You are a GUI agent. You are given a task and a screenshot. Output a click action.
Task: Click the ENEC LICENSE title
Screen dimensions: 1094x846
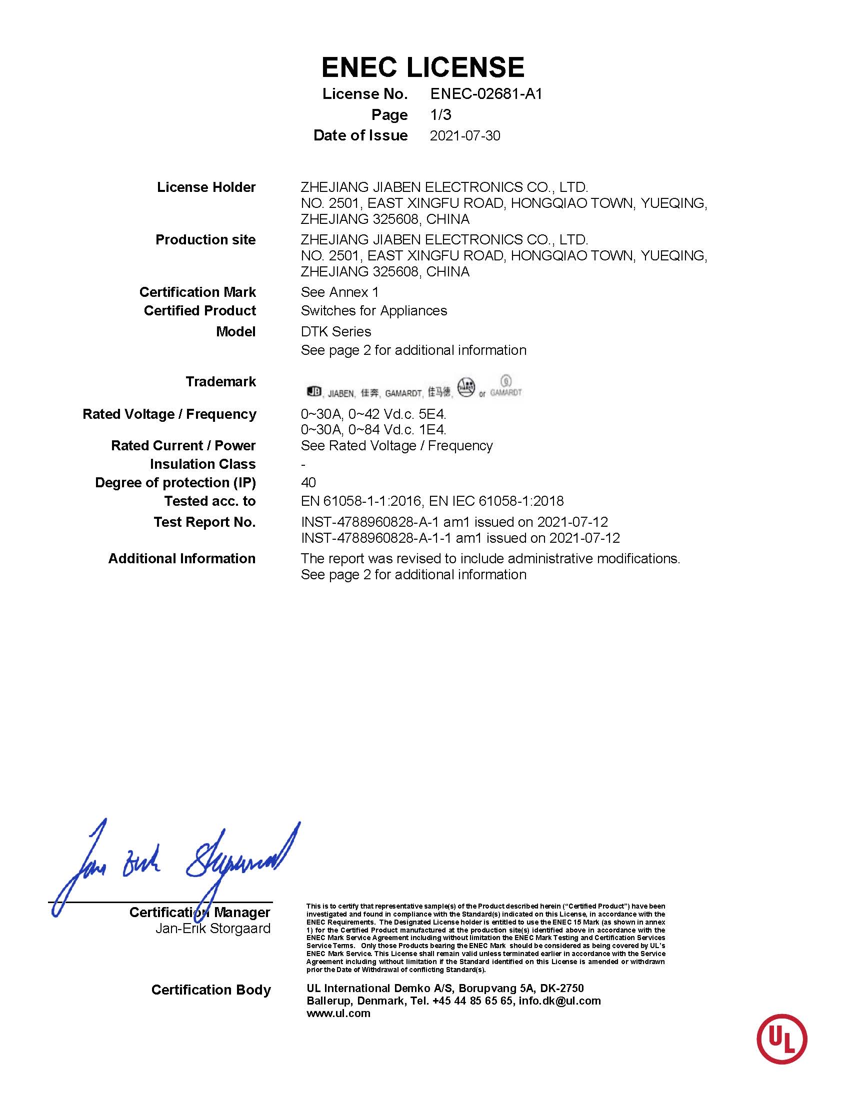point(422,67)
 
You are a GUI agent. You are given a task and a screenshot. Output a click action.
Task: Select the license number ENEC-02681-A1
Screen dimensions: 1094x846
point(486,93)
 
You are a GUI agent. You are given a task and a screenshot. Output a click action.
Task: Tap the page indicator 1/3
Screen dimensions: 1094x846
point(440,115)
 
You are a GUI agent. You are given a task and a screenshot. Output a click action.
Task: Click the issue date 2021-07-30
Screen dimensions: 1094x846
point(464,136)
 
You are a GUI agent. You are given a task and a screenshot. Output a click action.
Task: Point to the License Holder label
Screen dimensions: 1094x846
point(206,187)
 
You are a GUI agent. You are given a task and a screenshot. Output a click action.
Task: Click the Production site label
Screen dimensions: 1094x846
point(205,240)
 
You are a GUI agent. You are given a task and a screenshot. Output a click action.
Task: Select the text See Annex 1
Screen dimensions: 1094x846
point(339,292)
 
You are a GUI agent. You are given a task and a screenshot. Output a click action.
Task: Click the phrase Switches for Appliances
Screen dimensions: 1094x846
point(373,310)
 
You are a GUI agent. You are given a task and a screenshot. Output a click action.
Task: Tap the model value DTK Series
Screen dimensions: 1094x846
point(336,332)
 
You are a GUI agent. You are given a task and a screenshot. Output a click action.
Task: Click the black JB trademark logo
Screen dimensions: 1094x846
point(313,391)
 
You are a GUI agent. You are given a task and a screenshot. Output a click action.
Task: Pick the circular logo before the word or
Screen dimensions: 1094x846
point(465,388)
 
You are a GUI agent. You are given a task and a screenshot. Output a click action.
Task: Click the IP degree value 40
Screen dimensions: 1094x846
point(308,482)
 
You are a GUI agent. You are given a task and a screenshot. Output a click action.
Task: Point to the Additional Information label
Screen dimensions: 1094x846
point(182,559)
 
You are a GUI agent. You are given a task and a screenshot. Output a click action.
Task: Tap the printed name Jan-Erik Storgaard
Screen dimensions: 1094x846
point(212,928)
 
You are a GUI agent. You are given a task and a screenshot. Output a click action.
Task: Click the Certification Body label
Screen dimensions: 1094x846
point(210,990)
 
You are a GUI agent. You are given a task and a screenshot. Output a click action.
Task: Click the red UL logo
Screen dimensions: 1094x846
point(781,1039)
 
